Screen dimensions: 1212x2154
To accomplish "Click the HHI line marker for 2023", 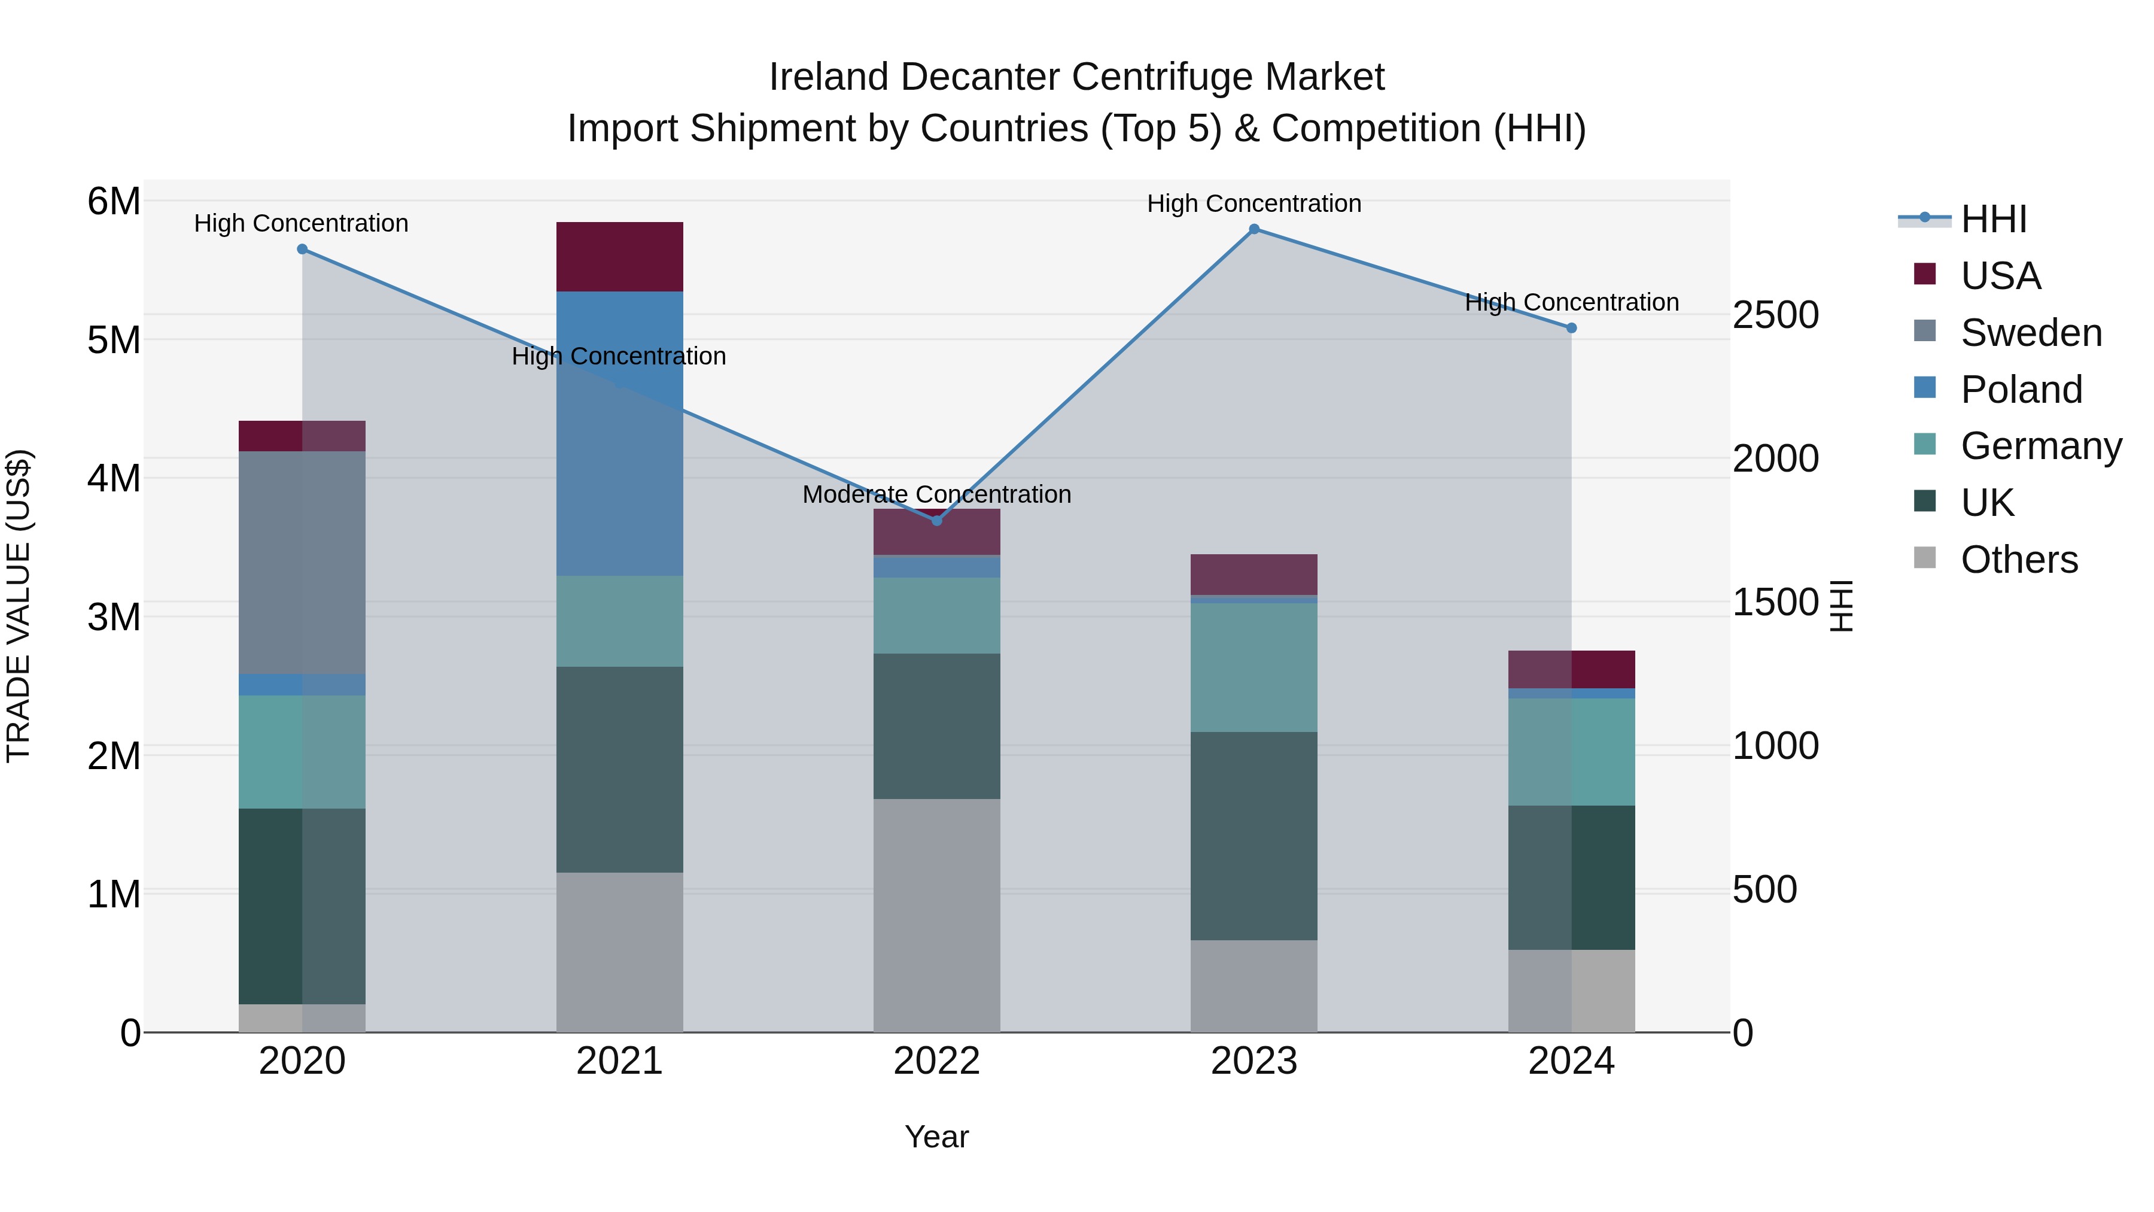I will pos(1254,229).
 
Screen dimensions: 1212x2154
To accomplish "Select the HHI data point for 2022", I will pos(936,520).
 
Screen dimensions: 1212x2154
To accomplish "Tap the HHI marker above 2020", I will pos(302,249).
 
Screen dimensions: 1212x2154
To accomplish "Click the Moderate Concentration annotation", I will pos(936,494).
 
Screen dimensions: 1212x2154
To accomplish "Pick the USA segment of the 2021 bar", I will pos(620,257).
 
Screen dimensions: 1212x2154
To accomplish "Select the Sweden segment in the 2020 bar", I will pos(302,562).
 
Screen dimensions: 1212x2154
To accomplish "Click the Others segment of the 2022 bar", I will pos(936,915).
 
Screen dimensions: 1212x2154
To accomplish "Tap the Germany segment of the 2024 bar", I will pos(1571,752).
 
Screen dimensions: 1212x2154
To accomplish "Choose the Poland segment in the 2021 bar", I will pos(620,433).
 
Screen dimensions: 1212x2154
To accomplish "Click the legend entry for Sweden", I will pos(2030,333).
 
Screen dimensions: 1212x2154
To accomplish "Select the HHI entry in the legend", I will pos(1994,219).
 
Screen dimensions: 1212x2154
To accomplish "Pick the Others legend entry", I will pos(2019,560).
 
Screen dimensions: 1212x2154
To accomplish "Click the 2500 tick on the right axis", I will pos(1775,315).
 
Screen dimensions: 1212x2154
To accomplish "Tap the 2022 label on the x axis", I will pos(936,1061).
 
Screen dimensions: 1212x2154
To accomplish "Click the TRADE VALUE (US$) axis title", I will pos(19,606).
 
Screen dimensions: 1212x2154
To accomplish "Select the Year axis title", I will pos(936,1137).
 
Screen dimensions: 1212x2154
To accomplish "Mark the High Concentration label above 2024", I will pos(1571,302).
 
